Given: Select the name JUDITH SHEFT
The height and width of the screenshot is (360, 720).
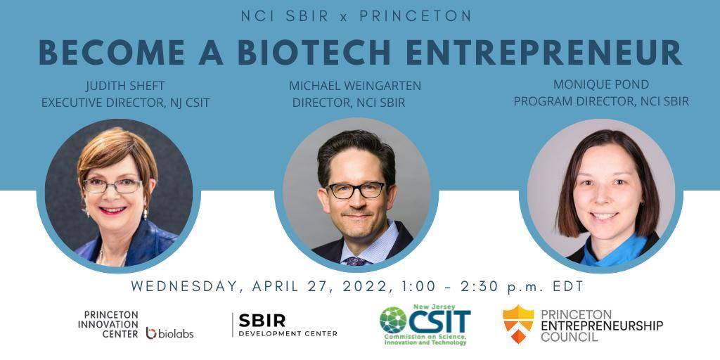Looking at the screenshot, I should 125,86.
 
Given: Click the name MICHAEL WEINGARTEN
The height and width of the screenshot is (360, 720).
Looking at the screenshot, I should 355,86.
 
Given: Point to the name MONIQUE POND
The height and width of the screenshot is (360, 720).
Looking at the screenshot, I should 600,84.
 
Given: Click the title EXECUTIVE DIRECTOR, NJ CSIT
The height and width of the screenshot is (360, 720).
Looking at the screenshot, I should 125,103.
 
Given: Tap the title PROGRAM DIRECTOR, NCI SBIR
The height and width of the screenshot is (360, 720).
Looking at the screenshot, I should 600,101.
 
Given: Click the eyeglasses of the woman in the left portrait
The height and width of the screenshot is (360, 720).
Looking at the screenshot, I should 112,186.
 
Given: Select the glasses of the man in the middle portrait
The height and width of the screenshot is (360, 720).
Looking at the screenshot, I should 356,190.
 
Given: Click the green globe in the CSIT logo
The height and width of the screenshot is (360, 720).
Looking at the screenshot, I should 394,320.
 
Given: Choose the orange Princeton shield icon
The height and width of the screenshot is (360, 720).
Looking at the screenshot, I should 518,323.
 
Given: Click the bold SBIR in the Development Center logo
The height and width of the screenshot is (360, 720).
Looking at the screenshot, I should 262,321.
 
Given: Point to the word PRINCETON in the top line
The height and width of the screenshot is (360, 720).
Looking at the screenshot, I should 415,15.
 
